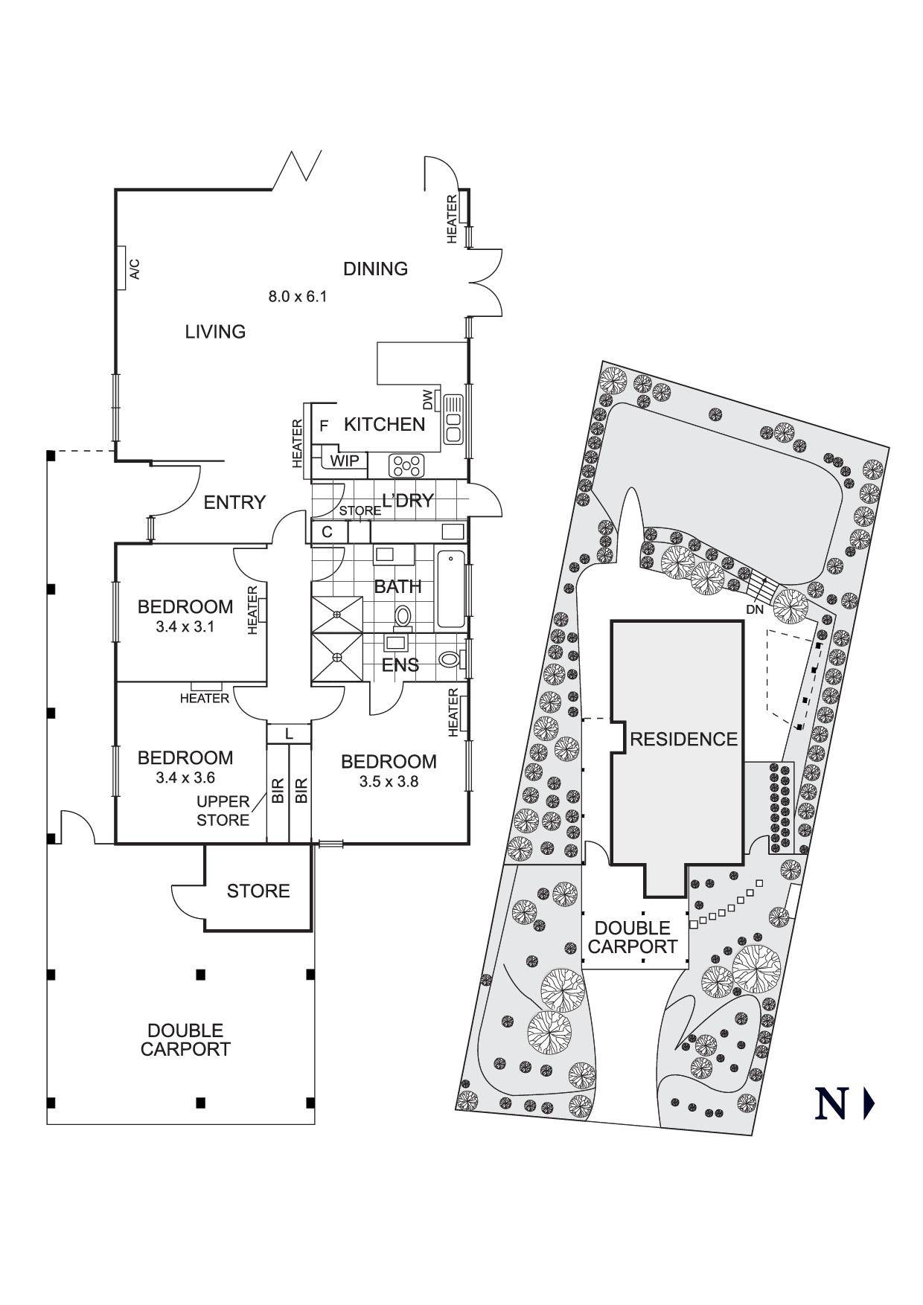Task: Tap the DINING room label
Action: click(x=375, y=269)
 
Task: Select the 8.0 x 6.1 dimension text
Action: click(x=298, y=296)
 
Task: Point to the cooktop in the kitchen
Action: click(x=407, y=466)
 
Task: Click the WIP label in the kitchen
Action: click(x=345, y=461)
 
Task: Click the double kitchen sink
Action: click(x=453, y=419)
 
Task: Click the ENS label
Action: click(x=400, y=665)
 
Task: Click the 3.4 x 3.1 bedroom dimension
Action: click(x=185, y=626)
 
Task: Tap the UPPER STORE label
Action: click(x=223, y=811)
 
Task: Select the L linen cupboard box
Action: click(x=289, y=734)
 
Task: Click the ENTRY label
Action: click(x=234, y=503)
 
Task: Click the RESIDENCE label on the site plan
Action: click(x=683, y=739)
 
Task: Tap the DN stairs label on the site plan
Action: click(x=755, y=609)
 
